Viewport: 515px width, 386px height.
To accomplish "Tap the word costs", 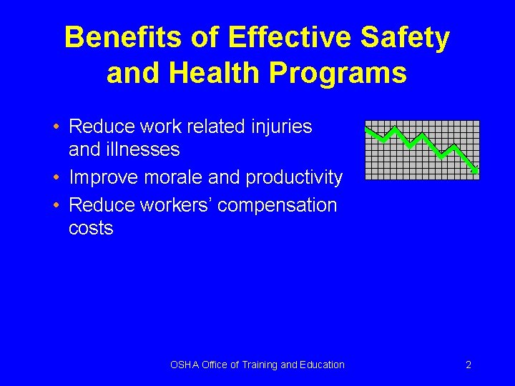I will coord(91,229).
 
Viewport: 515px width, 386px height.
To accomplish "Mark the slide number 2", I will coord(469,365).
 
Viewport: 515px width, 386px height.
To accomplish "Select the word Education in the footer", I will coord(323,365).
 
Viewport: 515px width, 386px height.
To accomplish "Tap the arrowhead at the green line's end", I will coord(475,170).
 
